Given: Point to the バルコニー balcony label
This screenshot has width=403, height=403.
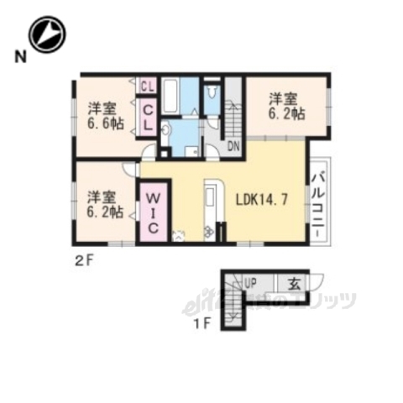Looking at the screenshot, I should point(319,202).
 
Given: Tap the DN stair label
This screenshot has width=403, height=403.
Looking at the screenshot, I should point(211,147).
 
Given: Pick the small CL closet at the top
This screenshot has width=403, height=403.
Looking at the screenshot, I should point(148,86).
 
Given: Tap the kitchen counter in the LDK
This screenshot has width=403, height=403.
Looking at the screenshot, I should point(210,208).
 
